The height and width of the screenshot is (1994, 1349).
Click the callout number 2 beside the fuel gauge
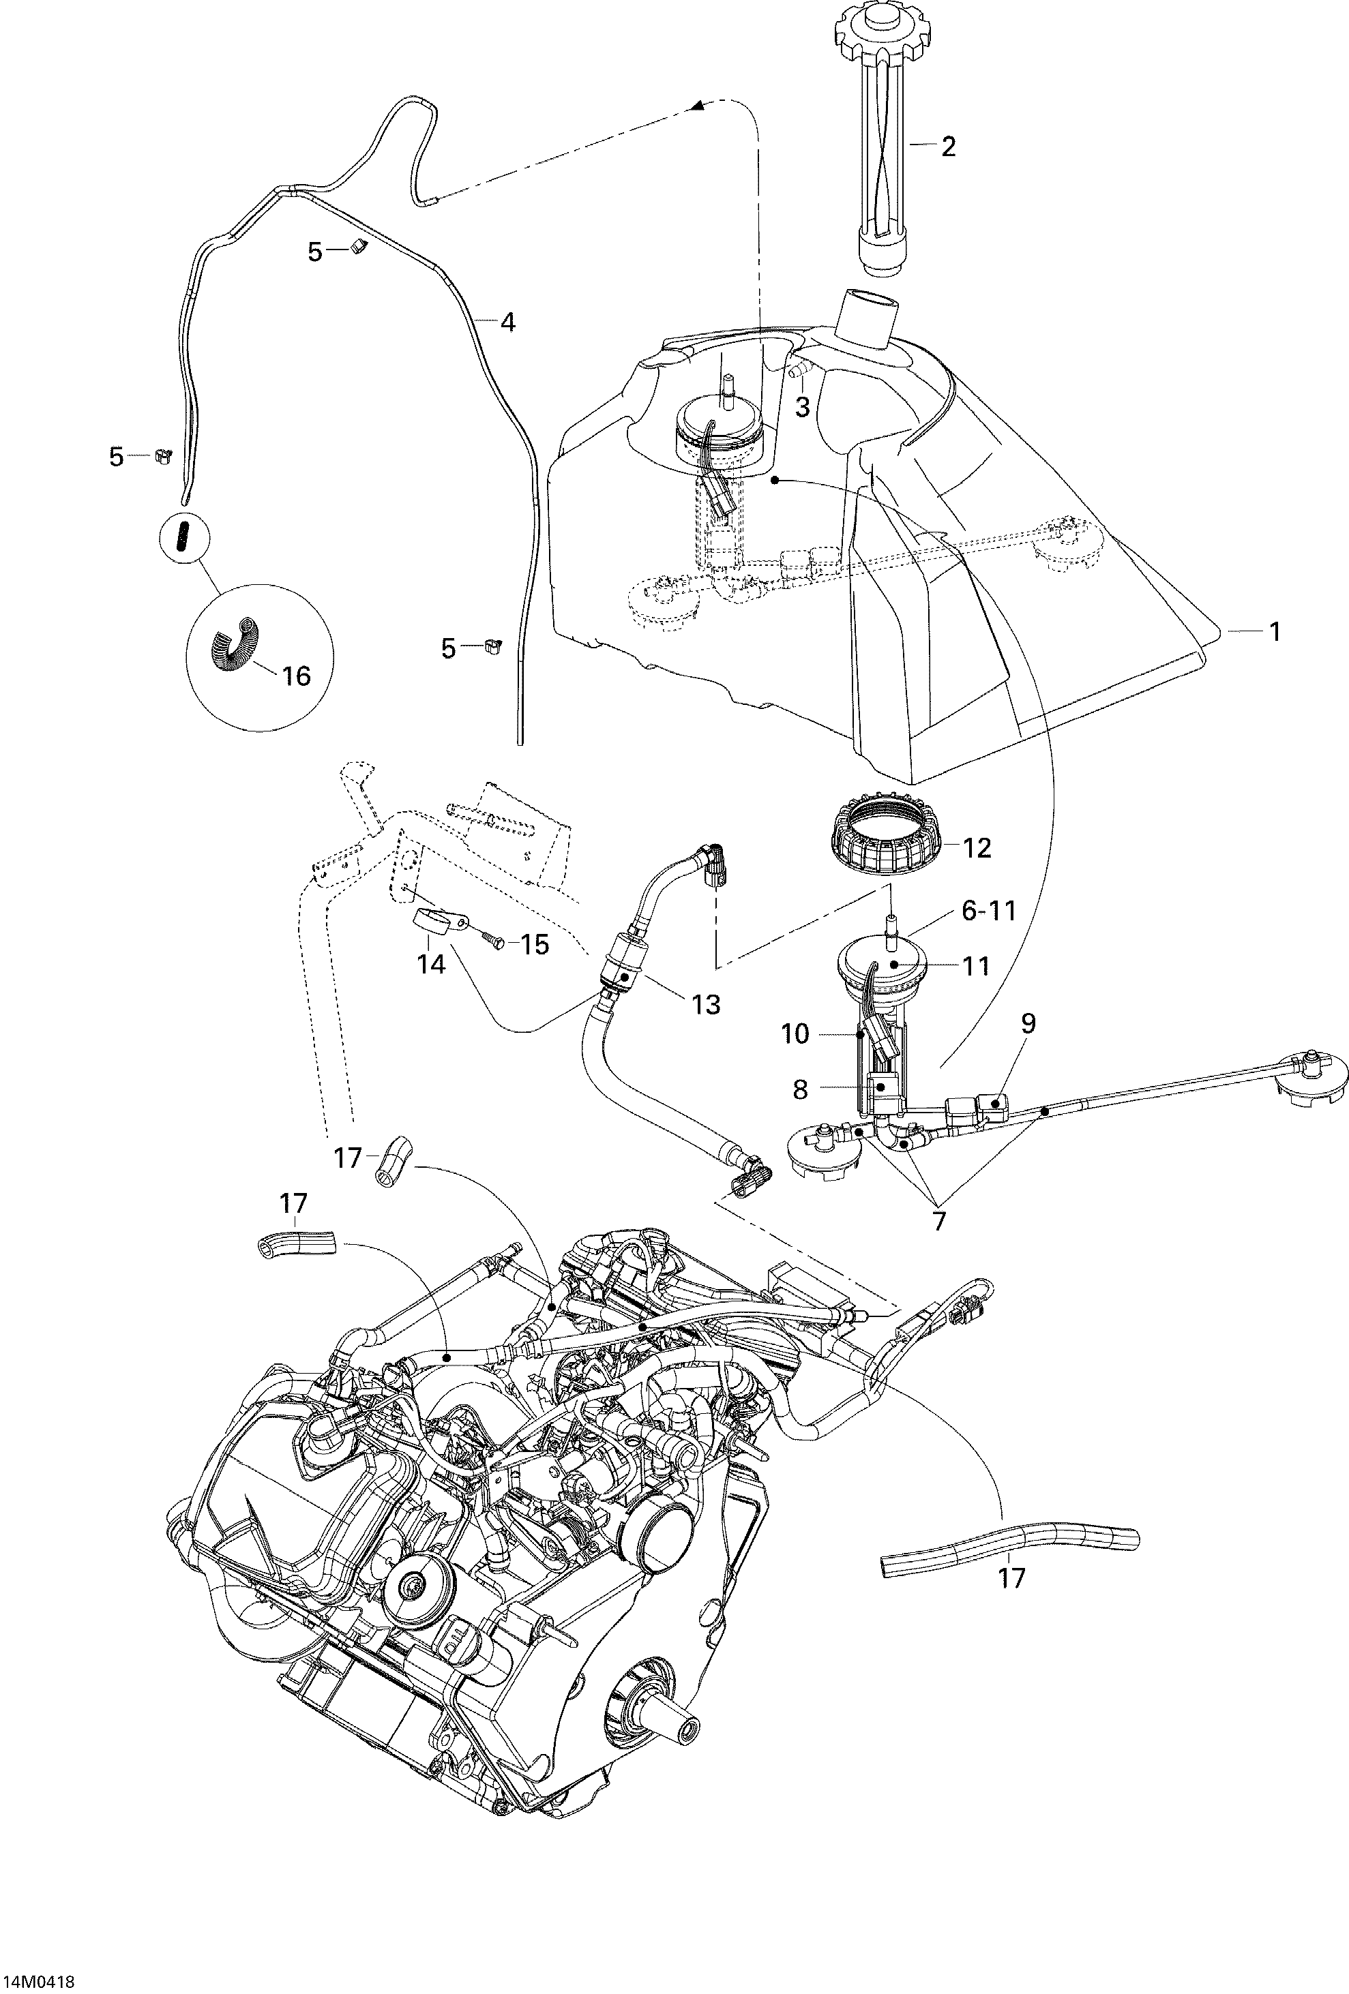(947, 147)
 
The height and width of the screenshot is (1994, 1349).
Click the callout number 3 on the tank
(801, 407)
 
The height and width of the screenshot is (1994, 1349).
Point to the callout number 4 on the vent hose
(507, 322)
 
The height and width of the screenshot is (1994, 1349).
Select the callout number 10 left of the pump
(795, 1034)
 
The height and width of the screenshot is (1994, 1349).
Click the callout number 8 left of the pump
(800, 1089)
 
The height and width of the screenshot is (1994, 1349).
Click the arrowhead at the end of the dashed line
(698, 106)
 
